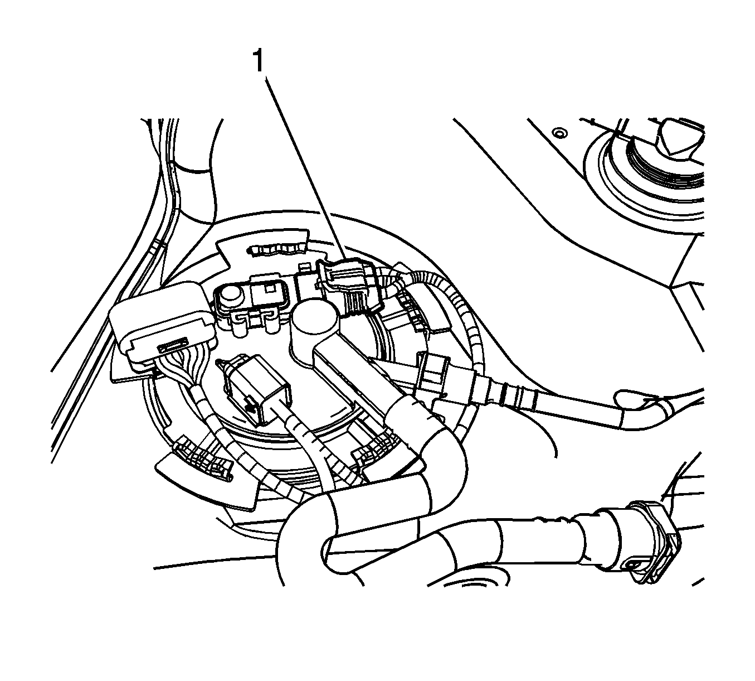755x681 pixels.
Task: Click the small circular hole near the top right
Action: point(558,133)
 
